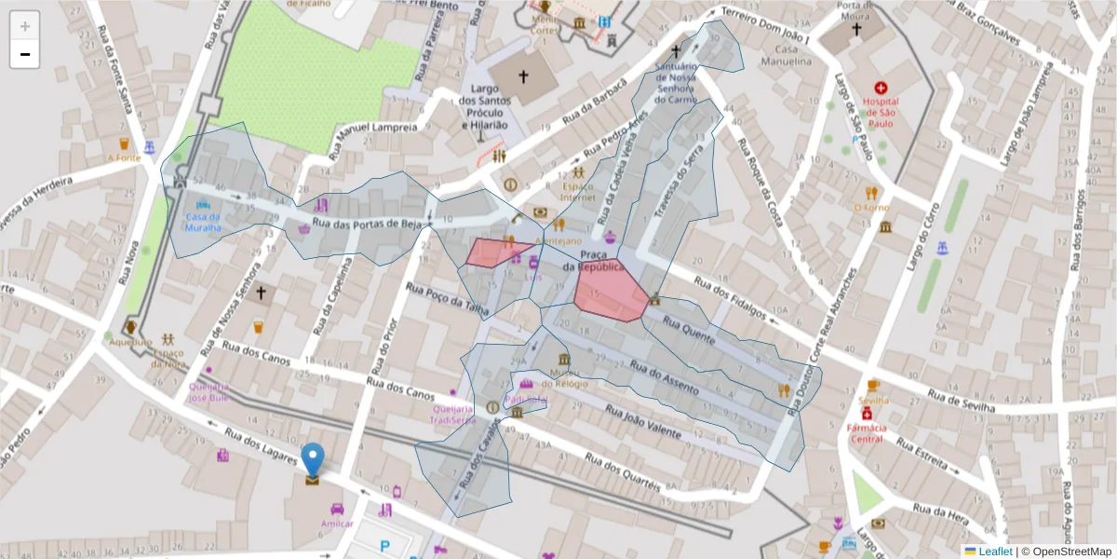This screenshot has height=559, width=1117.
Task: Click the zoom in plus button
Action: (25, 26)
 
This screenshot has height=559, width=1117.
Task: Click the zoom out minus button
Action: (25, 54)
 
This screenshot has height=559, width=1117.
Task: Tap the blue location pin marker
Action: (313, 460)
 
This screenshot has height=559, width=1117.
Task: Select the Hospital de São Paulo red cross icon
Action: (881, 88)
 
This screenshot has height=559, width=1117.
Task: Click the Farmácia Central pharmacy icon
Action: (867, 414)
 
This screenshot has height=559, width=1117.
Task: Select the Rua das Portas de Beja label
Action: (368, 225)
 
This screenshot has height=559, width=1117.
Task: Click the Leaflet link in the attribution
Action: (994, 552)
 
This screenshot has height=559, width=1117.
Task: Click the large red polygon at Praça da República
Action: (610, 291)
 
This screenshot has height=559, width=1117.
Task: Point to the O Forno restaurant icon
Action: (871, 193)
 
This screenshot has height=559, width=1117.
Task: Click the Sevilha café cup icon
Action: (873, 386)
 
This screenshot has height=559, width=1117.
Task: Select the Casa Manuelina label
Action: (792, 55)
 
